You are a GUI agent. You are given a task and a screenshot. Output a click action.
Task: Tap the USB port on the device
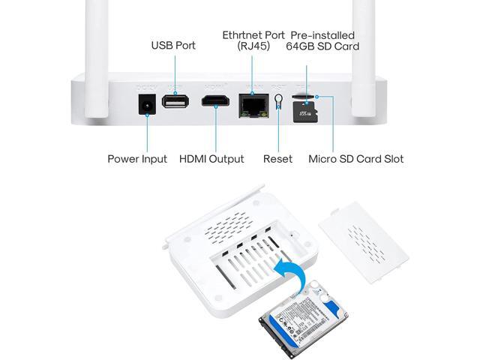point(175,100)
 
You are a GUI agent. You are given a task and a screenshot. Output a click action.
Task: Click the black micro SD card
point(307,112)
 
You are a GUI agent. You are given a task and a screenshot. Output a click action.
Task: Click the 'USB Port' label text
point(173,46)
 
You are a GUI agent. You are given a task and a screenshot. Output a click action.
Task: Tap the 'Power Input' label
point(137,159)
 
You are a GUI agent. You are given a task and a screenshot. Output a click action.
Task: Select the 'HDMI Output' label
point(211,159)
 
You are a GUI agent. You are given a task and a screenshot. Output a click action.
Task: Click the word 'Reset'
point(278,159)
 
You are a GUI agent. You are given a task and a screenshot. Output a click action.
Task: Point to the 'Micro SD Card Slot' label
point(356,159)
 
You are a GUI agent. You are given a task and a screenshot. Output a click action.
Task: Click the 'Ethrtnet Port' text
point(253,35)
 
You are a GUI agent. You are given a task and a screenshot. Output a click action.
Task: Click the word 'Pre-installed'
point(322,35)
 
